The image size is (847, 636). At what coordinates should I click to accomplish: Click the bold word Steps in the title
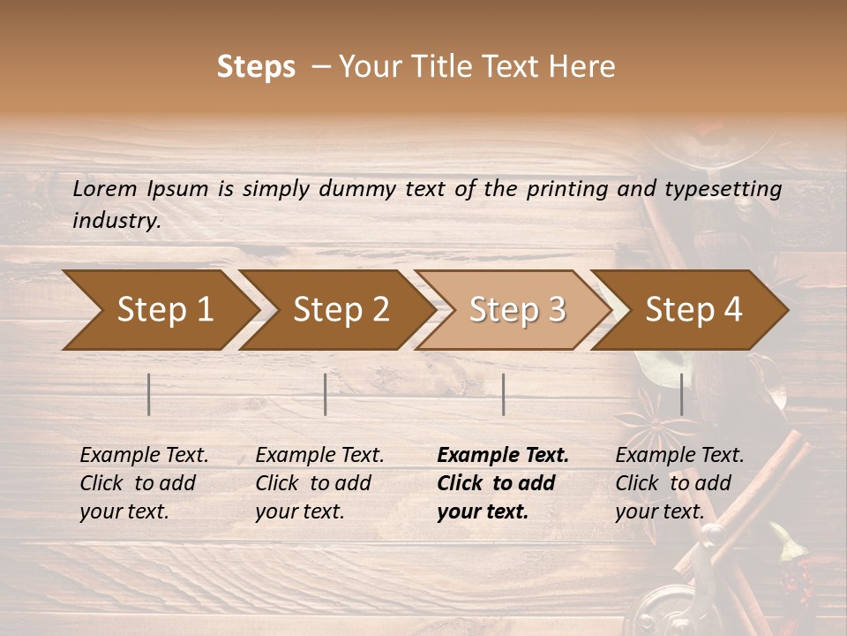(x=256, y=67)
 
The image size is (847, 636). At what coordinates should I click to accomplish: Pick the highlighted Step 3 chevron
(x=513, y=309)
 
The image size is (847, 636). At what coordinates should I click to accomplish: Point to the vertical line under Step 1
(x=149, y=394)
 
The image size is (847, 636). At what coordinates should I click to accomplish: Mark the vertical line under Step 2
(x=326, y=394)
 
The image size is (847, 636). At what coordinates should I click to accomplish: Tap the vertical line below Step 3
(x=503, y=394)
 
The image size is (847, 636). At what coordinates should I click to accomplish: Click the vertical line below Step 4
(x=682, y=394)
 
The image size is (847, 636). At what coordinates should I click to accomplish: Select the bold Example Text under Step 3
(x=503, y=456)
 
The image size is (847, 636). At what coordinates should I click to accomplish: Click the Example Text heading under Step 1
(x=144, y=456)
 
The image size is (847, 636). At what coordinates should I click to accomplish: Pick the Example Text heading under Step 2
(x=319, y=456)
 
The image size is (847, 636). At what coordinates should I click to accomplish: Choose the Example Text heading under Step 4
(x=679, y=456)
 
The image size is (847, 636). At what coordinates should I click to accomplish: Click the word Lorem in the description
(x=105, y=189)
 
